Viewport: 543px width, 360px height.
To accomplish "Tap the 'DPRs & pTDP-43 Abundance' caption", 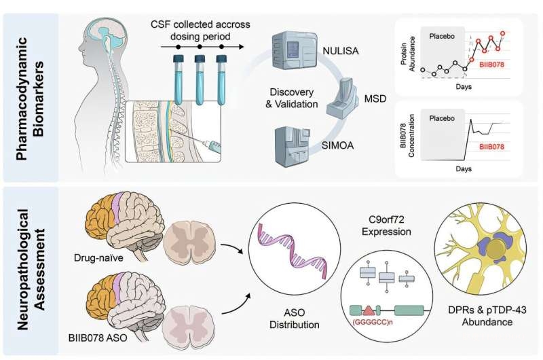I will coord(476,319).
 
